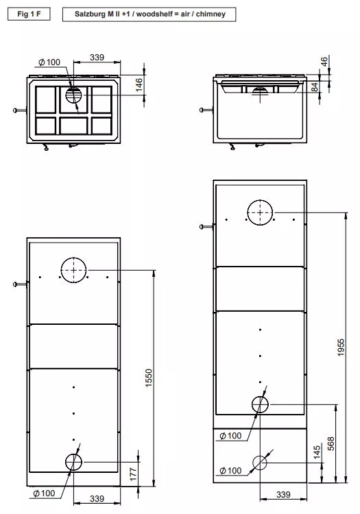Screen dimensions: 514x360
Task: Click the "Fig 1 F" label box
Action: [28, 14]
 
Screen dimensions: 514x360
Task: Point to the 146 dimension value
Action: [139, 84]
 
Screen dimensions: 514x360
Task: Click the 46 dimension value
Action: [324, 62]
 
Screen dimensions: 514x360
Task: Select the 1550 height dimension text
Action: [149, 377]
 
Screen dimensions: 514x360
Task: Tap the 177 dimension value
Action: [134, 472]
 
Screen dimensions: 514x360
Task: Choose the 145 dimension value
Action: [317, 452]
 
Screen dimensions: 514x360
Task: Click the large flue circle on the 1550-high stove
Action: [74, 271]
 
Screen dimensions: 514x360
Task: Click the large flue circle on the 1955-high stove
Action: [260, 213]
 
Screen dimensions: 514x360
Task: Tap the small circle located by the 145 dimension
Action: [260, 463]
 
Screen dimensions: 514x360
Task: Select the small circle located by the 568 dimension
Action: [260, 404]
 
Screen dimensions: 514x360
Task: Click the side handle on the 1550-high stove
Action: [19, 283]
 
